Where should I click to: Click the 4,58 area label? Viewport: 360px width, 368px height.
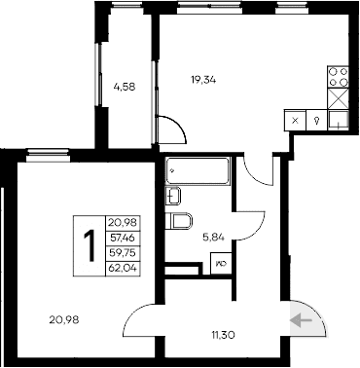pyautogui.click(x=123, y=87)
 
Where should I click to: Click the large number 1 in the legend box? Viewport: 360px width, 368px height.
pyautogui.click(x=89, y=246)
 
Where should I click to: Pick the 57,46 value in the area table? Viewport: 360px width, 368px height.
pyautogui.click(x=122, y=237)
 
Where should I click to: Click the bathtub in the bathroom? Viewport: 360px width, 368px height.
pyautogui.click(x=198, y=171)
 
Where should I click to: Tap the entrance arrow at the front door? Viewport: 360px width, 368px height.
pyautogui.click(x=301, y=317)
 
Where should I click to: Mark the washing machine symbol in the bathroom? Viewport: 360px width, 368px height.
pyautogui.click(x=221, y=261)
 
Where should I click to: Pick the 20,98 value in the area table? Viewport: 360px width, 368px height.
pyautogui.click(x=122, y=223)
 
